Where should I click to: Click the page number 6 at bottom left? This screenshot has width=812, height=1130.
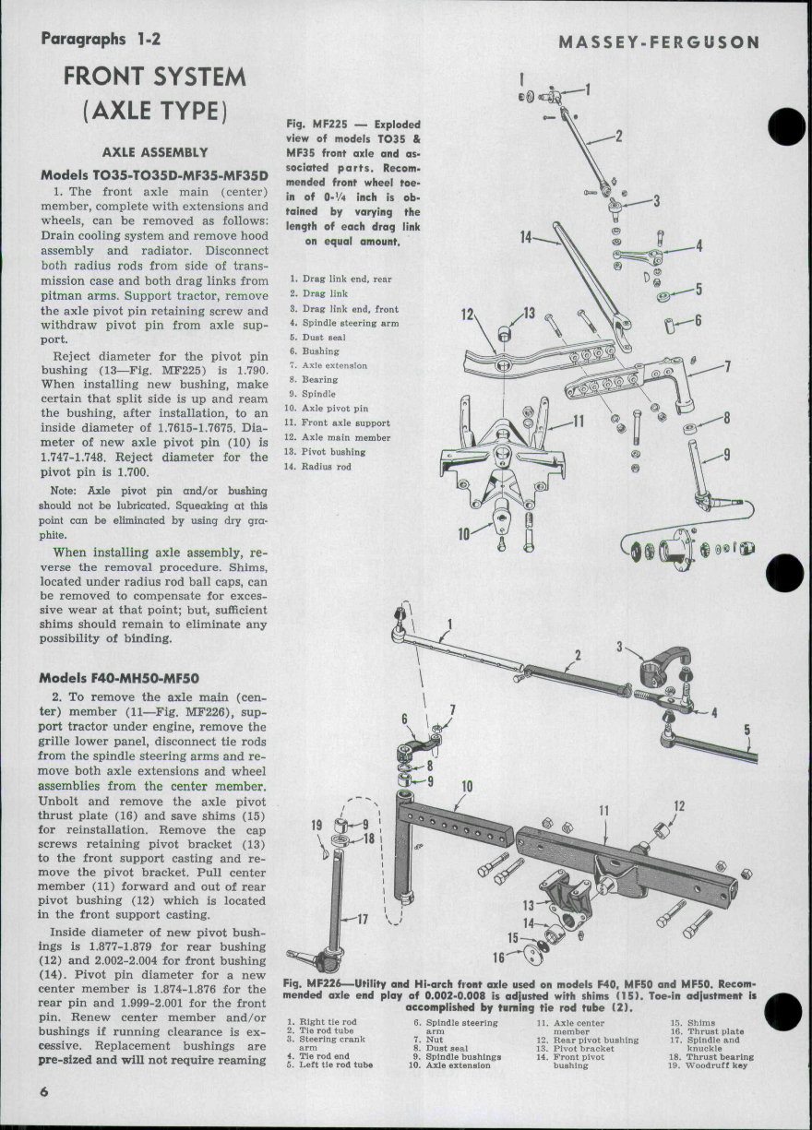coord(43,1090)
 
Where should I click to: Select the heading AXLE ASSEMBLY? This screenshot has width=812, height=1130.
coord(153,152)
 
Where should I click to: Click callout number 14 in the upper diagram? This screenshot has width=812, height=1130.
coord(526,238)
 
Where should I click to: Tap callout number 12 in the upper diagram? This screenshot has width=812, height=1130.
coord(467,315)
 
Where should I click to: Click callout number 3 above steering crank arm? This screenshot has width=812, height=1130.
coord(619,648)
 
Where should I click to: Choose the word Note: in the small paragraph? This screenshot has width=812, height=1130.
coord(64,492)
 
